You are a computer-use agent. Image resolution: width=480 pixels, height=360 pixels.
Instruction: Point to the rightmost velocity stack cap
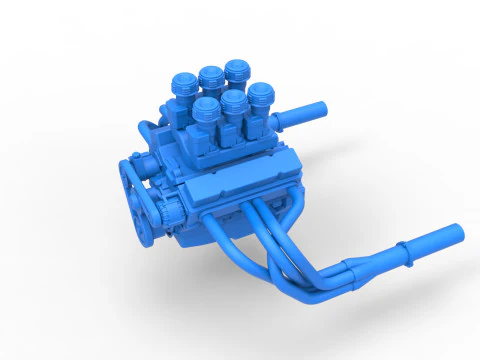(x=261, y=93)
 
